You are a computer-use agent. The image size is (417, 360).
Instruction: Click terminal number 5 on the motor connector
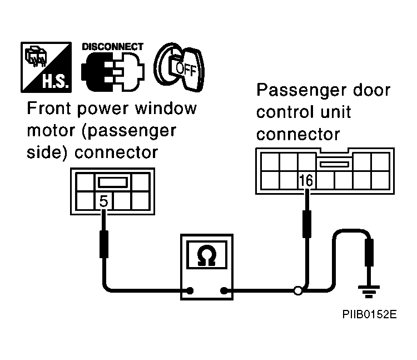(103, 201)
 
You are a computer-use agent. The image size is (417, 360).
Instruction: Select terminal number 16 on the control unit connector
(306, 180)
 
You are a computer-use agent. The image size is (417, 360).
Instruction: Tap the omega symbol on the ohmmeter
(207, 255)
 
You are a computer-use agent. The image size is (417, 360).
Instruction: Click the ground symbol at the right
(369, 292)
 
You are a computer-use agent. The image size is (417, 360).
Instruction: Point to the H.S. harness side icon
(46, 67)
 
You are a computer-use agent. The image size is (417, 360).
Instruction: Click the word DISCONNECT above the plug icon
(113, 47)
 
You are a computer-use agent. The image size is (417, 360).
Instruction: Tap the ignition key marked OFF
(179, 67)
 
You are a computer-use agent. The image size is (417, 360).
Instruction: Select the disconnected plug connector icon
(113, 72)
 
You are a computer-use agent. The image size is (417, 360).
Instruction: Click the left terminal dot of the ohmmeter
(190, 290)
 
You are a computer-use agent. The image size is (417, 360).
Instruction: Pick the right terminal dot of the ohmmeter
(224, 290)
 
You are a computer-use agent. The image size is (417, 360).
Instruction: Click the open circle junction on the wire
(298, 290)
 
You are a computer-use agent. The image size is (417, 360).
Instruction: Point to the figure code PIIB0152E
(369, 314)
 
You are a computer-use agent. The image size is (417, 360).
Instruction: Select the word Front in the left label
(49, 109)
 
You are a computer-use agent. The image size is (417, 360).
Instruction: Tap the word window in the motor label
(166, 109)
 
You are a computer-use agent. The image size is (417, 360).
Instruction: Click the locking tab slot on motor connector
(113, 183)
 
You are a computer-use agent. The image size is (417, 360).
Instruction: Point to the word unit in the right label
(336, 112)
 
